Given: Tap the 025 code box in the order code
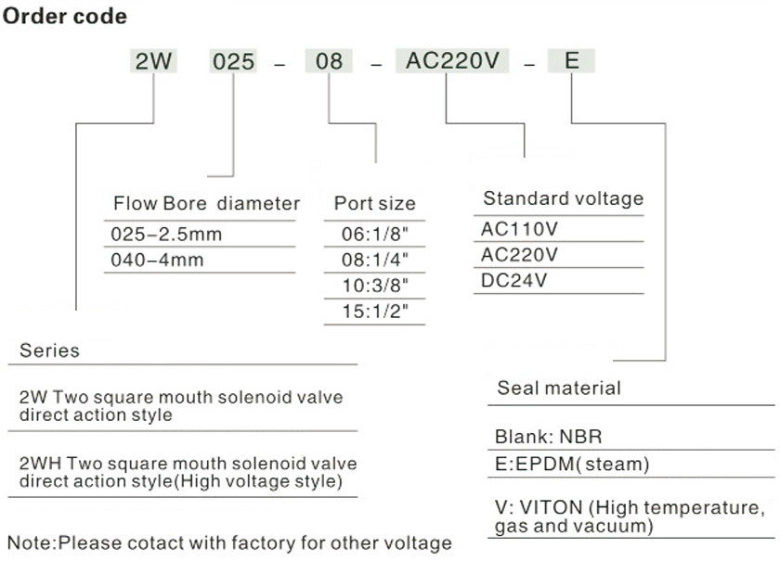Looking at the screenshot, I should [233, 62].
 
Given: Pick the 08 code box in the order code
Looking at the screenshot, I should [328, 62].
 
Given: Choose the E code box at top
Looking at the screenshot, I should [571, 62].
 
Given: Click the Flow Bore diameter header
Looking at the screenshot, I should [207, 203].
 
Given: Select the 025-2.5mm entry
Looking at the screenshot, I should [167, 235].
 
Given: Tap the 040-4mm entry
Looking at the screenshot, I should [158, 261].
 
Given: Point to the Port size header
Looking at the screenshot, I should [375, 204].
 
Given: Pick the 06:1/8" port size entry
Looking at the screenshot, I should [375, 235].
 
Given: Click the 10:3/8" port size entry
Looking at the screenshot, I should [375, 286].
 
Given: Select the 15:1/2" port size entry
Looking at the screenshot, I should [375, 312].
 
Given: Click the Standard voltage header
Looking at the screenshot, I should [563, 198].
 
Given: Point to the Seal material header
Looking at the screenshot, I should [559, 388].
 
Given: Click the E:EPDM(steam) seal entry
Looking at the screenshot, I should [572, 464].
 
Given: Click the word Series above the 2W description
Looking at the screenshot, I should [49, 351].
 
